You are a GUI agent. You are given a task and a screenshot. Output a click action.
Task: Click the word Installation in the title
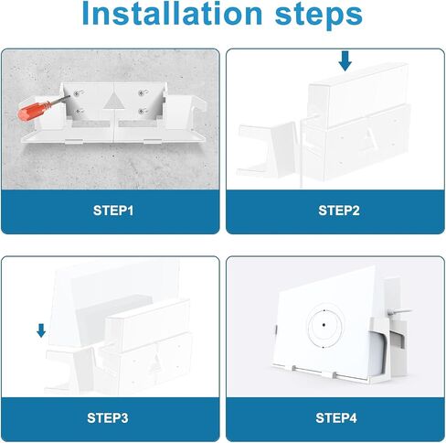point(172,14)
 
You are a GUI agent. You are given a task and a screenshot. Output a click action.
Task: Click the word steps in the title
point(319,16)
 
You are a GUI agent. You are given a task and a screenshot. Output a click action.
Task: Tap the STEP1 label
point(113,211)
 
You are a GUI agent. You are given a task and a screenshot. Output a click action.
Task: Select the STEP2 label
point(339,211)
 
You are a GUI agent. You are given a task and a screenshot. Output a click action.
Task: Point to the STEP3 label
point(108,418)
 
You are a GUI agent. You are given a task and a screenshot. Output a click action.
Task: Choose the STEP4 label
point(336,418)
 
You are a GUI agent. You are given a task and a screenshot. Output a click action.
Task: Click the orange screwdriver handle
point(33,111)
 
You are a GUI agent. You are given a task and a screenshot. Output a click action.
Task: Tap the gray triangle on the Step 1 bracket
point(113,101)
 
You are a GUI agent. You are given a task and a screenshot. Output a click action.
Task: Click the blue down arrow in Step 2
point(345,60)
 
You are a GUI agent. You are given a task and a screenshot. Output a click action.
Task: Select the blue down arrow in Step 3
point(41,330)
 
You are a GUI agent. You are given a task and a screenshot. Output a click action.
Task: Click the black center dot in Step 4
point(324,325)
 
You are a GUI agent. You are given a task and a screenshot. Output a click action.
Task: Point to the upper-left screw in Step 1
point(76,93)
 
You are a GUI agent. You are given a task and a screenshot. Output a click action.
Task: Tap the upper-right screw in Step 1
point(141,93)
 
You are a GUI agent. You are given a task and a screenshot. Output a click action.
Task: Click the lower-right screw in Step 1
point(141,112)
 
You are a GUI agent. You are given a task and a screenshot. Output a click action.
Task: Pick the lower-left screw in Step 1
point(79,112)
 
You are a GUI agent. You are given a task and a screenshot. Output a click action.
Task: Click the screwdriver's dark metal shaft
point(59,101)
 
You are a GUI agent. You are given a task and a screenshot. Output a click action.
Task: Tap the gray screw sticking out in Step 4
point(399,312)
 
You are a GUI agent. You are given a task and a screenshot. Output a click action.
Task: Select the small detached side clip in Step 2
point(268,149)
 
